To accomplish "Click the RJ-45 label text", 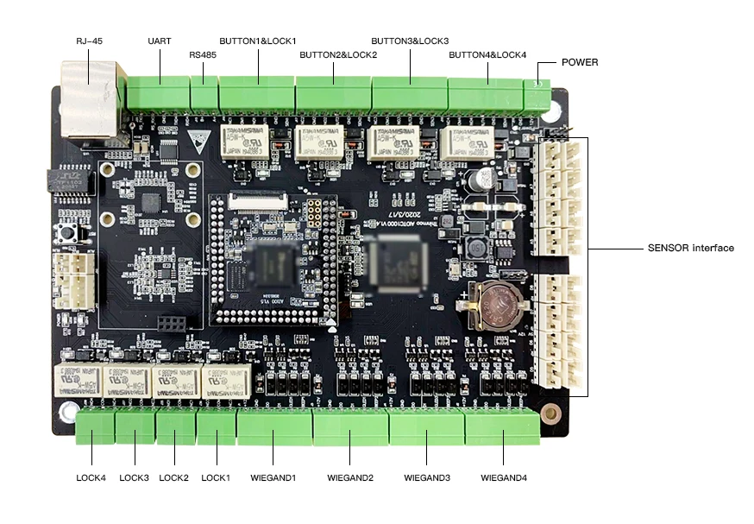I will pyautogui.click(x=90, y=41).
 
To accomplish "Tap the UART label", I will pyautogui.click(x=160, y=41).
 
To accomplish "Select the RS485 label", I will pyautogui.click(x=203, y=54).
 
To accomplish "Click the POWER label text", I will pyautogui.click(x=580, y=62).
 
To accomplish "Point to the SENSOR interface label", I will pyautogui.click(x=691, y=248).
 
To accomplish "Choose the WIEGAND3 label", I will pyautogui.click(x=427, y=477).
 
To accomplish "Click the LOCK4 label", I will pyautogui.click(x=91, y=477).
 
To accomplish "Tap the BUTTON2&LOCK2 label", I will pyautogui.click(x=338, y=54).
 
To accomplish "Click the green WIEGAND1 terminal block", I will pyautogui.click(x=273, y=426).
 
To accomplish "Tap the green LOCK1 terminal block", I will pyautogui.click(x=216, y=426).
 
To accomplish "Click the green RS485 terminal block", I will pyautogui.click(x=204, y=91).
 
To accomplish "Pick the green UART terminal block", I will pyautogui.click(x=158, y=91).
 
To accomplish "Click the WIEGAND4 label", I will pyautogui.click(x=504, y=477).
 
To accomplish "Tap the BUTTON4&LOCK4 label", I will pyautogui.click(x=487, y=54).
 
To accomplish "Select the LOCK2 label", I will pyautogui.click(x=173, y=477).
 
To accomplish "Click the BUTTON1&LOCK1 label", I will pyautogui.click(x=258, y=41).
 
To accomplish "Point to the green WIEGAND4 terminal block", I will pyautogui.click(x=501, y=426).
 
